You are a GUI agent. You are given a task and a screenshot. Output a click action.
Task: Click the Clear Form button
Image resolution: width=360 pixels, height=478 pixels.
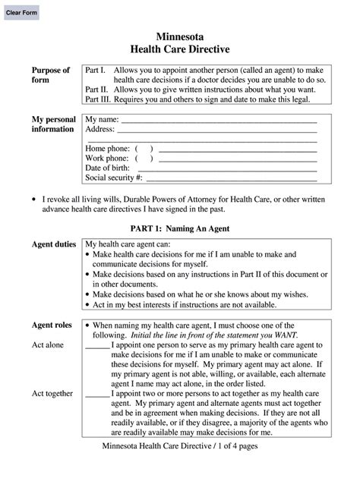click(23, 14)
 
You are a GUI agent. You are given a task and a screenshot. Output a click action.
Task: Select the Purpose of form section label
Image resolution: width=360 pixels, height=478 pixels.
click(50, 76)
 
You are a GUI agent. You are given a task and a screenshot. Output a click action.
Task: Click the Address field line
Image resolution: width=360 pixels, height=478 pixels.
click(220, 131)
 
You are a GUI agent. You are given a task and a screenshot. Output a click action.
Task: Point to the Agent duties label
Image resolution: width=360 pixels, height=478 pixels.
click(53, 245)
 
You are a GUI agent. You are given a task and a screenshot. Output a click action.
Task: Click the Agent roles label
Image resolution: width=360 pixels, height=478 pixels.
click(52, 325)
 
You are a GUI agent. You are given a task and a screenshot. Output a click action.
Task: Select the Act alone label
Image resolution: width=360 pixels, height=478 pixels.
click(48, 345)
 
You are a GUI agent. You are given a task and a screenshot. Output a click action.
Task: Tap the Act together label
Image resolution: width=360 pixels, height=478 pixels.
click(52, 394)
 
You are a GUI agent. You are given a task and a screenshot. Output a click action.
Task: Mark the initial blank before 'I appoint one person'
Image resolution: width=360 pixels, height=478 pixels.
click(96, 346)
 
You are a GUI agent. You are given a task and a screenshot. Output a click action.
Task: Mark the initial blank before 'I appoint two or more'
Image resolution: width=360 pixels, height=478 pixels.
click(96, 395)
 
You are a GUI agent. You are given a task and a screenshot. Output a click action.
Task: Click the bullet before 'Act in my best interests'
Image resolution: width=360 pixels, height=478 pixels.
click(88, 304)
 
